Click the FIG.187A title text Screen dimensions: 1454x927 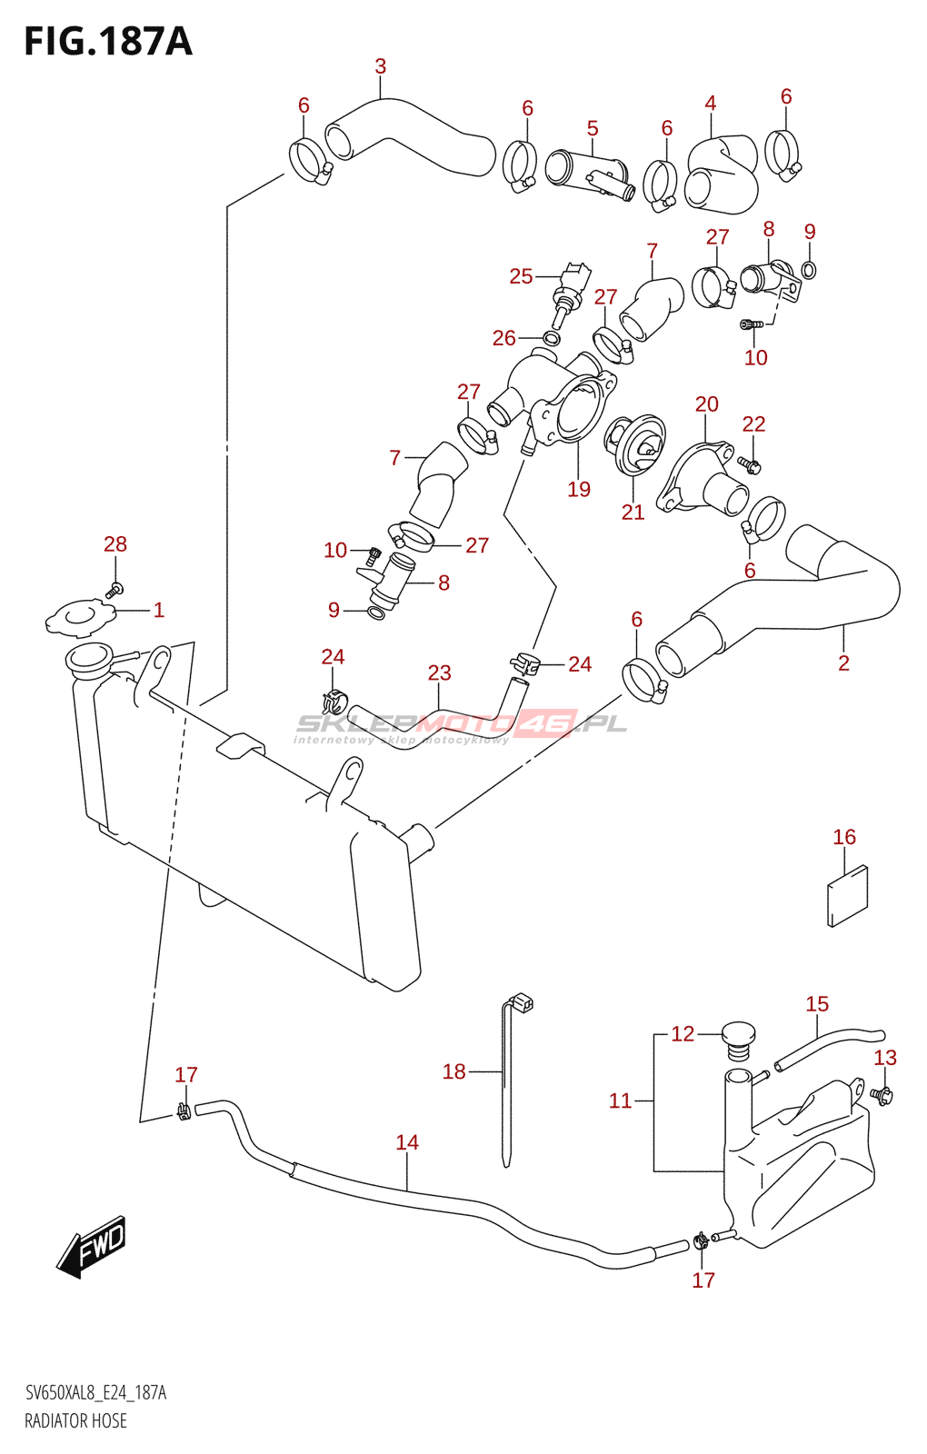(x=108, y=42)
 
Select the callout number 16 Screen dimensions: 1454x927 (x=844, y=837)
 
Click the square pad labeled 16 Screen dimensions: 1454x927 (x=848, y=895)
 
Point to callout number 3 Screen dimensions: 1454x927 (x=381, y=66)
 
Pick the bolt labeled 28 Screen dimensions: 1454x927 (x=115, y=589)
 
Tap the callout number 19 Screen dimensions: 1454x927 (x=579, y=489)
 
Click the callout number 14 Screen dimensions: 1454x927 (x=407, y=1142)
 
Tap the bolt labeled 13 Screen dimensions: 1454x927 (x=882, y=1095)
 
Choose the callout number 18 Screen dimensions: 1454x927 (x=454, y=1071)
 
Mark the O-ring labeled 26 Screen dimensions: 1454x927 (x=552, y=339)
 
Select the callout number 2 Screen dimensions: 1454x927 (x=843, y=663)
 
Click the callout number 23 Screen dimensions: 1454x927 (x=440, y=672)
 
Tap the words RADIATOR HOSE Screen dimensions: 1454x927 (x=76, y=1420)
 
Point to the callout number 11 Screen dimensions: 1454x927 (x=620, y=1100)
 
